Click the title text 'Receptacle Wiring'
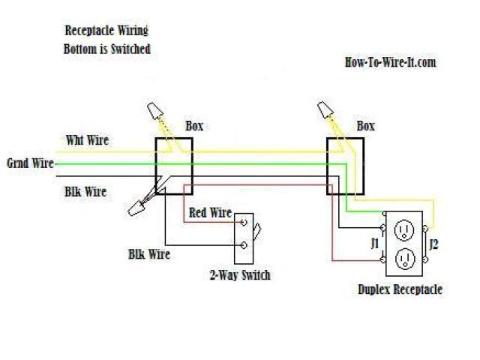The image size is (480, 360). coord(106,31)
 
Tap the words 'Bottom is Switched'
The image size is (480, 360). coord(107,49)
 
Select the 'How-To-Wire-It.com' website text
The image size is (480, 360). coord(389,62)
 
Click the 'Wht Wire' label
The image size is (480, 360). coord(87,139)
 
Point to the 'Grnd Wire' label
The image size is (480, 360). coord(30,163)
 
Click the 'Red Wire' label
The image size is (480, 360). coord(210,213)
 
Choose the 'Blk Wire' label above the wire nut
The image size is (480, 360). coord(85,192)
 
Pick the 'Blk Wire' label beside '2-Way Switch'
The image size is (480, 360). coord(148,255)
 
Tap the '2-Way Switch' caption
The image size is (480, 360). coord(240,276)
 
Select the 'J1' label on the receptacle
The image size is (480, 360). coord(374,242)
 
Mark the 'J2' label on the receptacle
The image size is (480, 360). coord(433,242)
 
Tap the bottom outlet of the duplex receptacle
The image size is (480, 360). coord(405,257)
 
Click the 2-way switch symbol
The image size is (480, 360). coord(246,234)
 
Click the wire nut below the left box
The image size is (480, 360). coord(139,207)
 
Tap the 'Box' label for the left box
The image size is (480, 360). coord(193,126)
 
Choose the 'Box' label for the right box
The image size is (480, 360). coord(365,126)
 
